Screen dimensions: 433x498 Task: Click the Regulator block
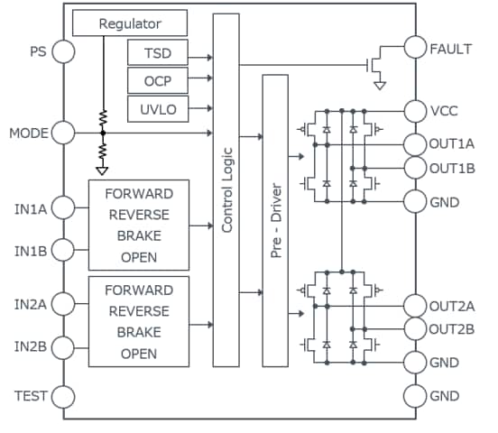tap(129, 23)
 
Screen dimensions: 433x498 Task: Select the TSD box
tap(157, 54)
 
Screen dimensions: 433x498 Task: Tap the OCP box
tap(157, 82)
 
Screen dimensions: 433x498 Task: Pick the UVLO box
tap(157, 110)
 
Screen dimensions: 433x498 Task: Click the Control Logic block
tap(226, 189)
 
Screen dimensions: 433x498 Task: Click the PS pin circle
tap(63, 51)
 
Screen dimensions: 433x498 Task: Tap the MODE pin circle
tap(63, 134)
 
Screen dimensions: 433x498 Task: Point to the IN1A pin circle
tap(63, 209)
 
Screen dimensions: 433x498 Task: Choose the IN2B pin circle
tap(63, 347)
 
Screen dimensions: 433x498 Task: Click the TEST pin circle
tap(63, 396)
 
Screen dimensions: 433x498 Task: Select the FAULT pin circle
tap(416, 49)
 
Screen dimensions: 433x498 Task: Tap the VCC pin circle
tap(416, 111)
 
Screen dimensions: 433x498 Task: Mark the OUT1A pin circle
tap(416, 144)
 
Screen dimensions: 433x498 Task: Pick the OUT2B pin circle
tap(416, 329)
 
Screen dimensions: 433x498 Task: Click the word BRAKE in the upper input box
tap(139, 235)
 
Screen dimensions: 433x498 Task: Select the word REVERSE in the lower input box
tap(139, 311)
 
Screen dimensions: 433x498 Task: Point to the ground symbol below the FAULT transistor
tap(380, 86)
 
